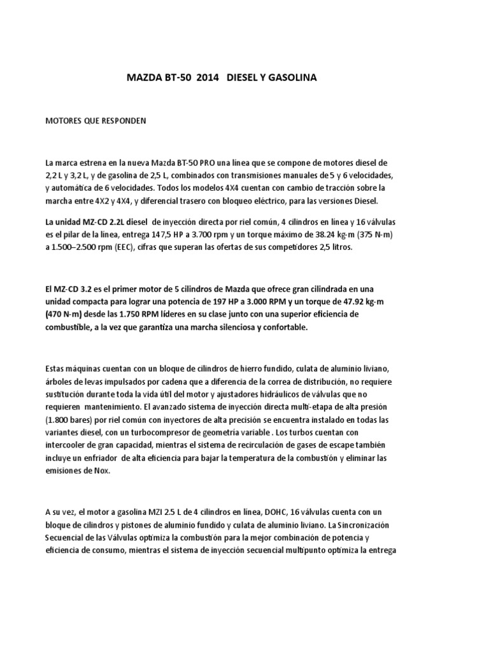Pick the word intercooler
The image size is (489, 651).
pos(68,444)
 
